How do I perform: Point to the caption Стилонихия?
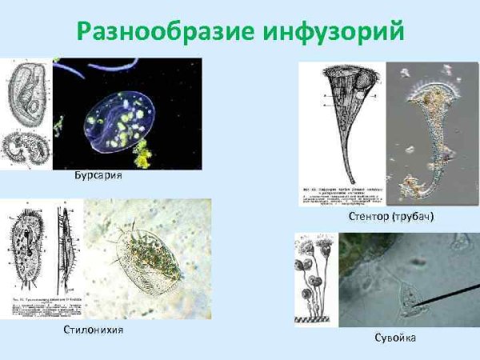click(x=92, y=330)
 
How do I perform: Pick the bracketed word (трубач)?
click(x=415, y=218)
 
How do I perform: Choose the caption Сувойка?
click(x=394, y=338)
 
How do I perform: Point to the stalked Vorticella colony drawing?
click(x=316, y=276)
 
